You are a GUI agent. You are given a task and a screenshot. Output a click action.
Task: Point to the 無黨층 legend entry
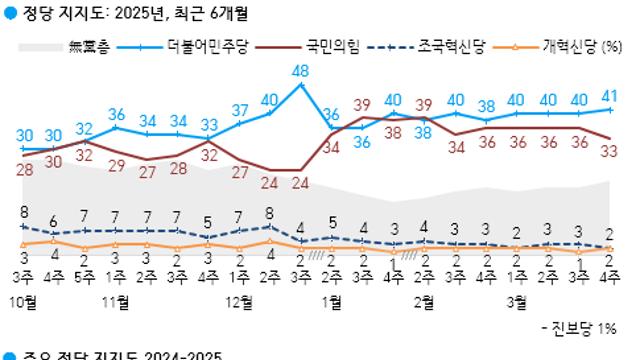[91, 45]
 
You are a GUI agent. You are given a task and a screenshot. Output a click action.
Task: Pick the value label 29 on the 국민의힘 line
[116, 166]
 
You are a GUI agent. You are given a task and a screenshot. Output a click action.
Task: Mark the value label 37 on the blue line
[240, 110]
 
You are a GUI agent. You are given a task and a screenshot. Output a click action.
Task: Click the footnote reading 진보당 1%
[585, 328]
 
